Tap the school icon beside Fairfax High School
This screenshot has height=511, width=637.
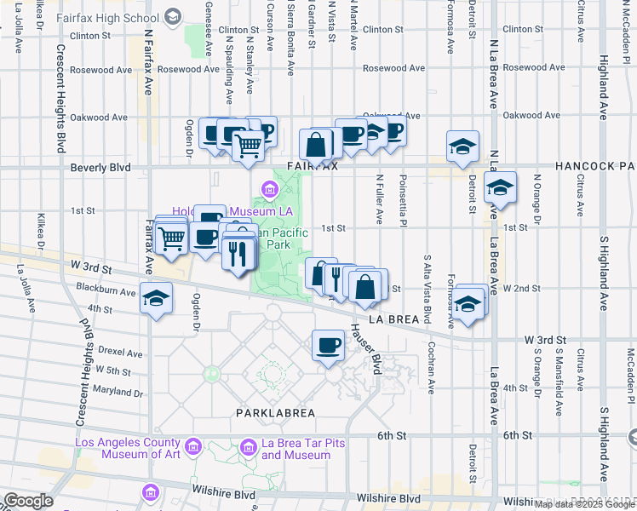(174, 16)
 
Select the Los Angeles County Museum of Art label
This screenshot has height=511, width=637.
(128, 448)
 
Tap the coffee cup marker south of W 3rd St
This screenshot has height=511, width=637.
(329, 345)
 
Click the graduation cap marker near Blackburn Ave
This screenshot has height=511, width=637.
(157, 298)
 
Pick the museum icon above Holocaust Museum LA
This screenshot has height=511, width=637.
(269, 188)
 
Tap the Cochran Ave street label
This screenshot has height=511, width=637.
(433, 361)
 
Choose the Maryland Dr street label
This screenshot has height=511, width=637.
(118, 391)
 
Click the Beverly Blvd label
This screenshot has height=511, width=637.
(101, 168)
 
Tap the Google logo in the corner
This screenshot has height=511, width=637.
(28, 500)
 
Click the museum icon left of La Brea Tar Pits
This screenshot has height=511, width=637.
(248, 446)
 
